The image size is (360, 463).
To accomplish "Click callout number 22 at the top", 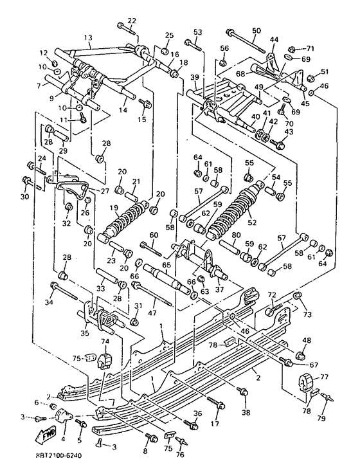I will pyautogui.click(x=132, y=21).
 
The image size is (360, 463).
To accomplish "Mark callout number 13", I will pyautogui.click(x=88, y=37).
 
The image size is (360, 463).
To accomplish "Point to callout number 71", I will pyautogui.click(x=310, y=48).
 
